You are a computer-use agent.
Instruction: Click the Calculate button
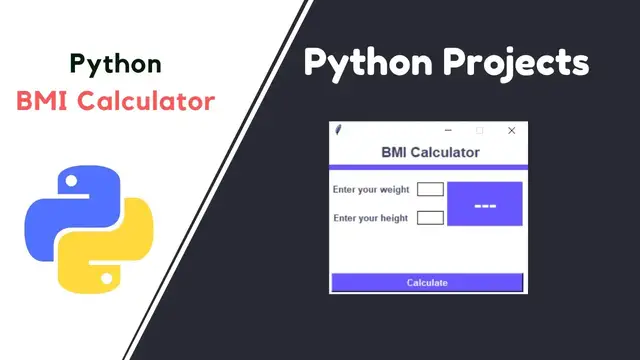click(x=427, y=283)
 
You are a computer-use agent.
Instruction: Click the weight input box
click(x=430, y=189)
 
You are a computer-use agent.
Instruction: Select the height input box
click(x=430, y=218)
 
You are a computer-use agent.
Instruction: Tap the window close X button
click(x=512, y=131)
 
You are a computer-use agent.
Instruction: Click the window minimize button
click(x=448, y=131)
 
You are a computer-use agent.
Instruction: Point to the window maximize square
click(x=480, y=131)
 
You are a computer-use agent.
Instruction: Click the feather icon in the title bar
click(x=339, y=131)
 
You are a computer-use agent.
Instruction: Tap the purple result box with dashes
click(x=485, y=204)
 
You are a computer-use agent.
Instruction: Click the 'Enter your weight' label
click(x=371, y=189)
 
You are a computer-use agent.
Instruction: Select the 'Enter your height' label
click(x=370, y=218)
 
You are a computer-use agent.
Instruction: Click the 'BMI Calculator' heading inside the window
click(x=430, y=153)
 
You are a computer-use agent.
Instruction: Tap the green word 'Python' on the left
click(x=116, y=64)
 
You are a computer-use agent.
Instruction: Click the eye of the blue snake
click(x=70, y=183)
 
